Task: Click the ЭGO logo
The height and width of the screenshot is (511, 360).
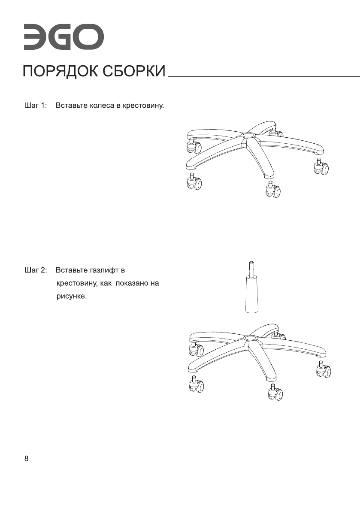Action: [63, 38]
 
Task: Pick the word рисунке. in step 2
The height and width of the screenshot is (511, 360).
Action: [72, 296]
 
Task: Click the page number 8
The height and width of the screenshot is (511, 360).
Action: [27, 459]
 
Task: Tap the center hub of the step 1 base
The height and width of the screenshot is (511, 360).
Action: [248, 136]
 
